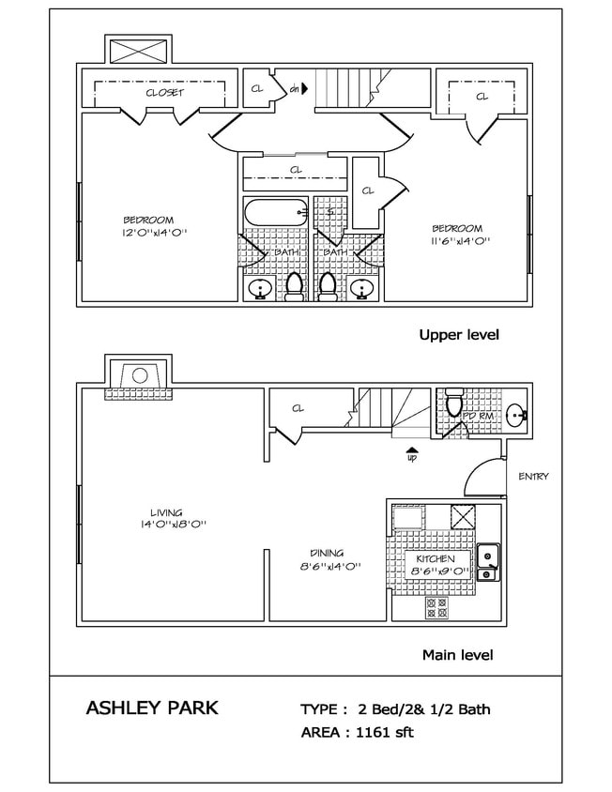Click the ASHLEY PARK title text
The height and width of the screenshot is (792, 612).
pos(151,708)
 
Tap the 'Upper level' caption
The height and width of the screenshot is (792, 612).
pos(458,335)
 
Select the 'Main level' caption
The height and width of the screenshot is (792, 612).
pos(457,655)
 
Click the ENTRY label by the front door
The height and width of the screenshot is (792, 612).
pos(533,477)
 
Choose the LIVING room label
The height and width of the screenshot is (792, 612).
pos(165,512)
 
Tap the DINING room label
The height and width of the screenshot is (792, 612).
pos(328,553)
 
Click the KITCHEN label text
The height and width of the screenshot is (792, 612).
pos(435,558)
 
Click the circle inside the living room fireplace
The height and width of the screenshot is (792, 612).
pos(138,375)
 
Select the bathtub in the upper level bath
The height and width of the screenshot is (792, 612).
pos(275,213)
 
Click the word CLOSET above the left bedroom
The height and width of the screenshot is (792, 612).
pos(164,93)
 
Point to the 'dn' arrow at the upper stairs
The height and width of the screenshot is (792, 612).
pos(297,90)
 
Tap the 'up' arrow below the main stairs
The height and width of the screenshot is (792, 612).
pos(411,454)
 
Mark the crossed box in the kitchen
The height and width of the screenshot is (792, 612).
pos(463,517)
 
